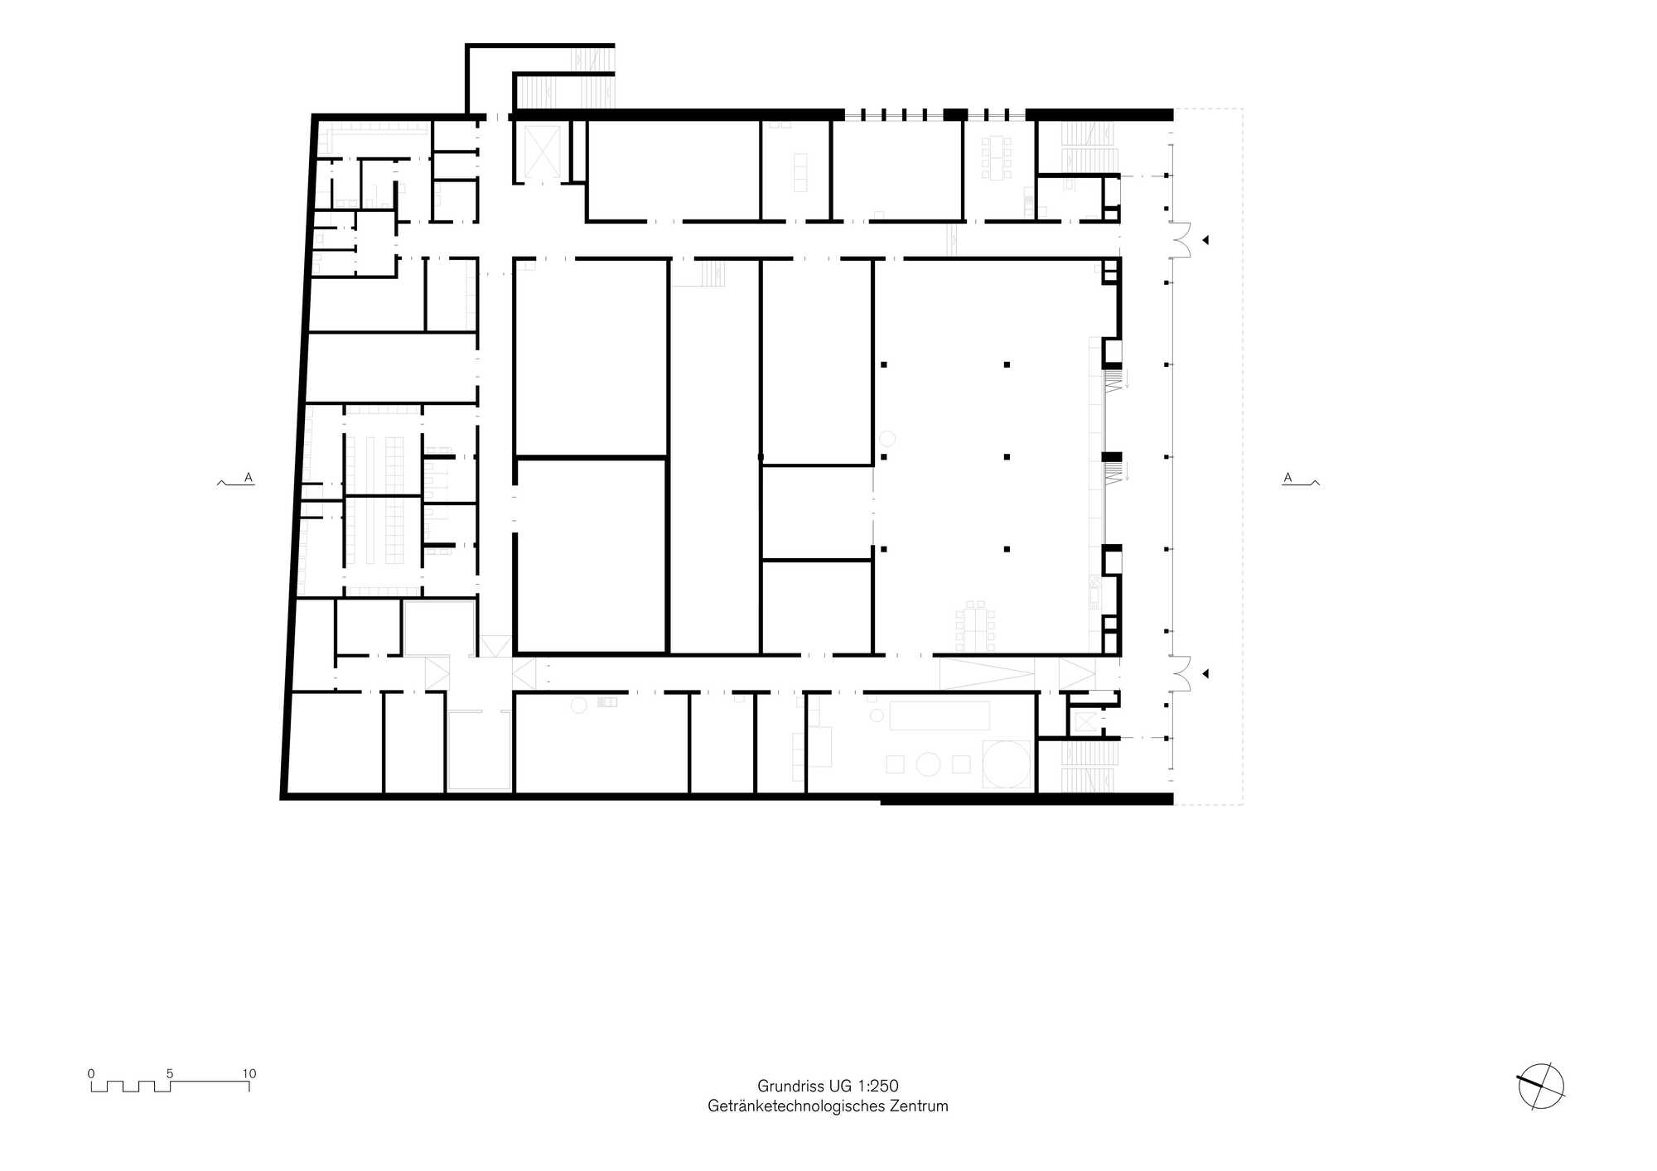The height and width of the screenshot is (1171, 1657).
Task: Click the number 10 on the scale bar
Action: (x=249, y=1073)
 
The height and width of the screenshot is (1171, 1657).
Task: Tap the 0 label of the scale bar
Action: (x=91, y=1073)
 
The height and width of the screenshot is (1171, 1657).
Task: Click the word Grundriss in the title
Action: (x=790, y=1086)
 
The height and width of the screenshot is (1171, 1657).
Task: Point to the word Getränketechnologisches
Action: (x=796, y=1106)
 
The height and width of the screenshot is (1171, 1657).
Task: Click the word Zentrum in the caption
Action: (x=919, y=1106)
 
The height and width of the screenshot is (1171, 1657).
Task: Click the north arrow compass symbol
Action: (x=1541, y=1087)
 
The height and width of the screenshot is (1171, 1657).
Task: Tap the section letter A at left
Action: (x=248, y=478)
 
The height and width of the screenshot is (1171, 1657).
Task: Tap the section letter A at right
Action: (x=1287, y=478)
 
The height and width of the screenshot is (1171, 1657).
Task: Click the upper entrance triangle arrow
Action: (x=1205, y=240)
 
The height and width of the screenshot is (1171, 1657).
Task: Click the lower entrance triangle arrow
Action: (x=1205, y=674)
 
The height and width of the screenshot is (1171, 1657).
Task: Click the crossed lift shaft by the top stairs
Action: (x=539, y=151)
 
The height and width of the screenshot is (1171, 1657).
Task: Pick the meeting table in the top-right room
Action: (x=997, y=157)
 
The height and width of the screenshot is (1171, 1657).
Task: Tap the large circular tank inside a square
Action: (x=1007, y=764)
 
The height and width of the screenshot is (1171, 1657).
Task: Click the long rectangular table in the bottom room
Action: (x=940, y=716)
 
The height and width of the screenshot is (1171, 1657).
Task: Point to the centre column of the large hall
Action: (x=1007, y=457)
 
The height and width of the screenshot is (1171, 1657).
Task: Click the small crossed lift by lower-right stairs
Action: (x=1085, y=721)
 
